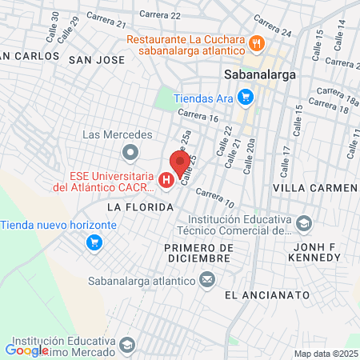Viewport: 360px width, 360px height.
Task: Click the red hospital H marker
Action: point(166,181)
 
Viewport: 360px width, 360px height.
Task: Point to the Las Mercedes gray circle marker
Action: point(129,151)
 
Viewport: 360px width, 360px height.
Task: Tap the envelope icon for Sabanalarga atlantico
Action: point(207,280)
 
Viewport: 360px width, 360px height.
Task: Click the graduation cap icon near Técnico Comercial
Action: point(303,222)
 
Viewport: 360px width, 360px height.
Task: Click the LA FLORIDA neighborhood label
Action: point(140,207)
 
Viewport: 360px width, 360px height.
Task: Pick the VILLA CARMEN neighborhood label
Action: point(314,187)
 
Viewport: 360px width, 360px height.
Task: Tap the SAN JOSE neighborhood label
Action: point(97,59)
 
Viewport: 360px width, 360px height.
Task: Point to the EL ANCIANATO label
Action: point(267,295)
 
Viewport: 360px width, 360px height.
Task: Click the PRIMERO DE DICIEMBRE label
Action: point(198,253)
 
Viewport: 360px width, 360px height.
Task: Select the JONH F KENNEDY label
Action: point(317,253)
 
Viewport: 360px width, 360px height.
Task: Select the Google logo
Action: point(26,350)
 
